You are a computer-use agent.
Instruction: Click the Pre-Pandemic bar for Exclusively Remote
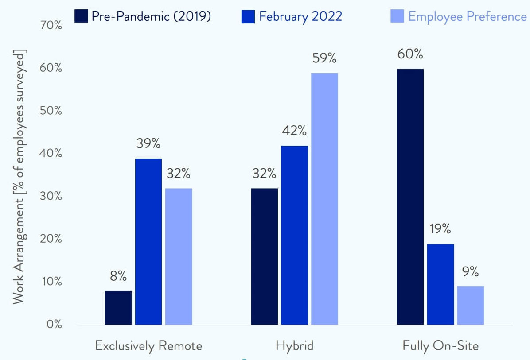tap(118, 308)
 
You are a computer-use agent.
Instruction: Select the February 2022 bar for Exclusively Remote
tap(148, 241)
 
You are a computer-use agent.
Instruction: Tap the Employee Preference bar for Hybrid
tap(324, 199)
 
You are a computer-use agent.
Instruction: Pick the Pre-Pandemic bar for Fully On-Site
tap(410, 197)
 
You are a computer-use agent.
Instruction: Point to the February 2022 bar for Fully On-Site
tap(440, 284)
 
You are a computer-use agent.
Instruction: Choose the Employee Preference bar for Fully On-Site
tap(471, 306)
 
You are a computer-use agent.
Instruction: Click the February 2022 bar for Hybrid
tap(294, 235)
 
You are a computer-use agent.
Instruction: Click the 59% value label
tap(324, 58)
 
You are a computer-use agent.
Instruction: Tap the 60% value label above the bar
tap(410, 54)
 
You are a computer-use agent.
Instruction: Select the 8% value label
tap(118, 277)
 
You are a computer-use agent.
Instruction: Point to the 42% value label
tap(294, 131)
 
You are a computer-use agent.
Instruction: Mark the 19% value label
tap(440, 229)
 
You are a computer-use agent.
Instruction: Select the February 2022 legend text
tap(301, 17)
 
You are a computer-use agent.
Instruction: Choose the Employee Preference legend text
tap(468, 17)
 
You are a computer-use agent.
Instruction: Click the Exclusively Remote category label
tap(148, 346)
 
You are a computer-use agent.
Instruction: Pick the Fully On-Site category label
tap(440, 346)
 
